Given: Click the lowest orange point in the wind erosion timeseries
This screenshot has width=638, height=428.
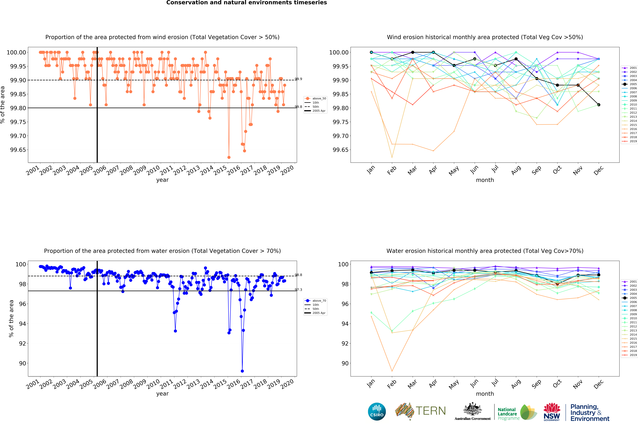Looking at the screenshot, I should [229, 157].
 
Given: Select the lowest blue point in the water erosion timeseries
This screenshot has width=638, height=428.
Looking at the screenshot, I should [242, 371].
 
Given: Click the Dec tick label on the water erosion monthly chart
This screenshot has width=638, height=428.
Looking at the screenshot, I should [598, 384].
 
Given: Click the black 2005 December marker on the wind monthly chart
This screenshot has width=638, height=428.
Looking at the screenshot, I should [599, 105].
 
